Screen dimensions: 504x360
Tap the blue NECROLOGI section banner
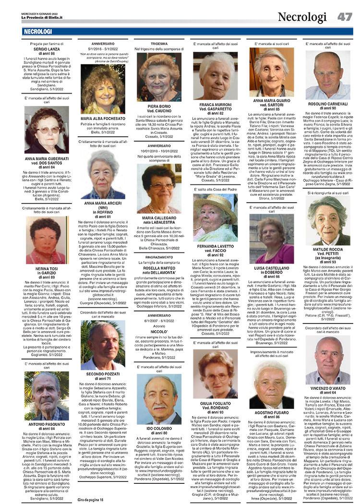[x=38, y=32]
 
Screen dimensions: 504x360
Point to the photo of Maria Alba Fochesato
[x=103, y=89]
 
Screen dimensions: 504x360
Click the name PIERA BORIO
[x=159, y=106]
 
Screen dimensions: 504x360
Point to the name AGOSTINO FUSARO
[x=272, y=412]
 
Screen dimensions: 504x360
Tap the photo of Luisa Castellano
[x=272, y=236]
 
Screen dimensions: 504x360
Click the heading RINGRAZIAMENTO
[x=159, y=257]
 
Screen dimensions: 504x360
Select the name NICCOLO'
[x=159, y=331]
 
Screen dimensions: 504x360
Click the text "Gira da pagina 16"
[x=91, y=500]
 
